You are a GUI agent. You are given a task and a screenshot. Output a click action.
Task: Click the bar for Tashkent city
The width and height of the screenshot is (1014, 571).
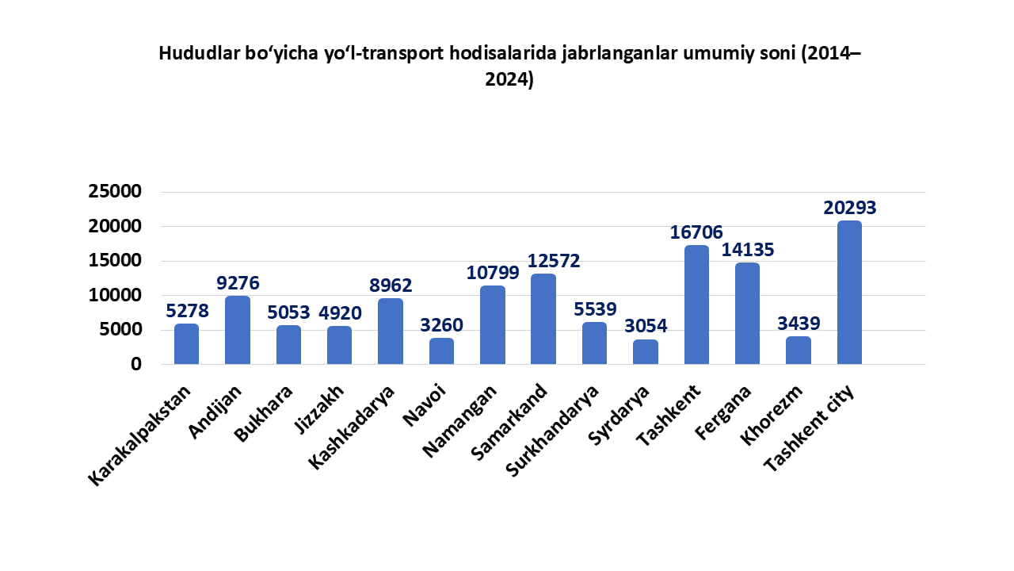coord(848,293)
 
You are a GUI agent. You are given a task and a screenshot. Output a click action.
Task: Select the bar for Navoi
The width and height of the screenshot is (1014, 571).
coord(441,351)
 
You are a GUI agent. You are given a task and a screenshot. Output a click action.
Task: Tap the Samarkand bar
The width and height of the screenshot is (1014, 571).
coord(543,319)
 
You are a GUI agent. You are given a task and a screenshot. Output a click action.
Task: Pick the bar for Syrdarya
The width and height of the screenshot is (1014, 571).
coord(645,352)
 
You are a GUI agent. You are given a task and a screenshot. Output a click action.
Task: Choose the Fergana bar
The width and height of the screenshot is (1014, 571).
coord(747,313)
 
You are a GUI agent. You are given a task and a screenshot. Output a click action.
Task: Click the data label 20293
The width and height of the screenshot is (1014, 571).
coord(849,208)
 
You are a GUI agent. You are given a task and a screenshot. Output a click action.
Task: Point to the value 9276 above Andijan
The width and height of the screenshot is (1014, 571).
coord(237,283)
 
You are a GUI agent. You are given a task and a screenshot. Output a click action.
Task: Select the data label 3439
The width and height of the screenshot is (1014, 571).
coord(798,324)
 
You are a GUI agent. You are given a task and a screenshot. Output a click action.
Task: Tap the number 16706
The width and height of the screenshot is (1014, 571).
coord(696,232)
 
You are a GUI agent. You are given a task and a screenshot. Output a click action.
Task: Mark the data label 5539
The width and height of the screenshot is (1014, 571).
coord(594,309)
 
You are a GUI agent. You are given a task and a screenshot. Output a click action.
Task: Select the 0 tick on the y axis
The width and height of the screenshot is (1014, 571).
coord(136,364)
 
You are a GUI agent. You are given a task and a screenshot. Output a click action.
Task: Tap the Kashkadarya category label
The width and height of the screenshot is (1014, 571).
coord(352,427)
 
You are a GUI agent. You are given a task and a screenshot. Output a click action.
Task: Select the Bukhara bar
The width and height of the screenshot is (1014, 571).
coord(288,345)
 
